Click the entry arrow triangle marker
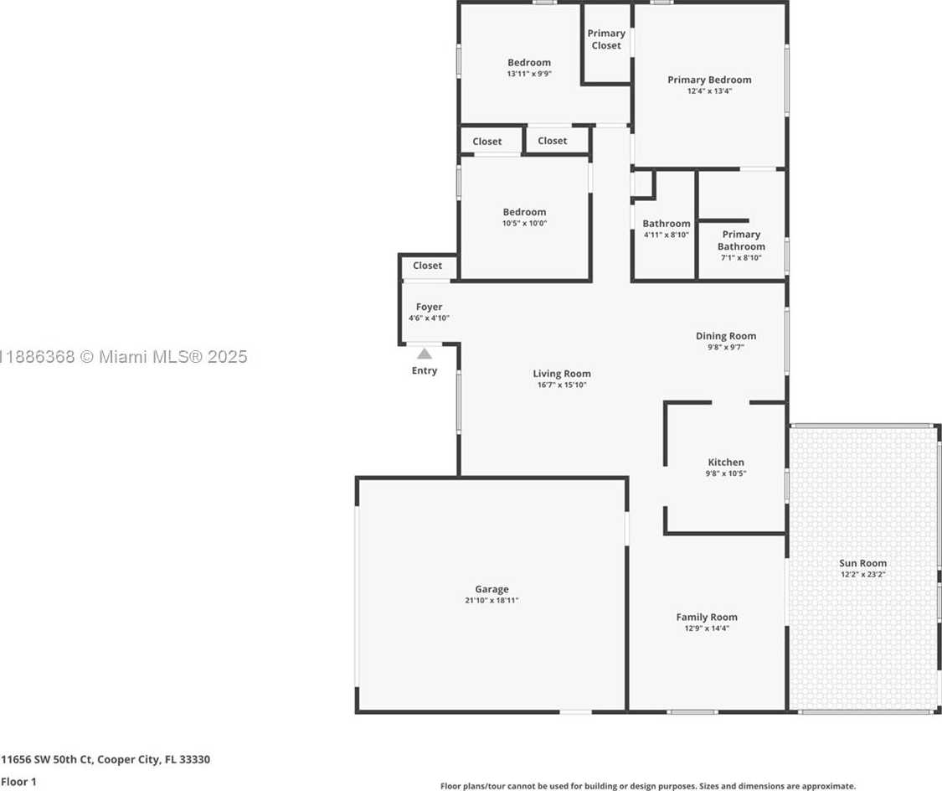(x=425, y=354)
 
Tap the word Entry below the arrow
(x=425, y=371)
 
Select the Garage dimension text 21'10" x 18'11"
(x=492, y=601)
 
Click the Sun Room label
(x=862, y=563)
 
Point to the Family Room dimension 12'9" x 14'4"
(x=707, y=628)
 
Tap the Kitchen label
(x=726, y=463)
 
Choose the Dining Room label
(x=726, y=336)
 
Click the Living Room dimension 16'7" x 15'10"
(x=562, y=385)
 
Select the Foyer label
(x=429, y=308)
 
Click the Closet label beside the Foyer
(x=427, y=266)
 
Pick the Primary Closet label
(x=606, y=39)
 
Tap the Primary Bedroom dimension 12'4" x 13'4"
(x=709, y=91)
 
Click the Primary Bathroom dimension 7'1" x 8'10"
(x=741, y=258)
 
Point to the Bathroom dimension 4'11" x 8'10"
(x=667, y=235)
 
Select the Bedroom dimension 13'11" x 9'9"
(x=529, y=74)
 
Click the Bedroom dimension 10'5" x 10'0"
(x=524, y=224)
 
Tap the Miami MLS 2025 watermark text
(x=124, y=357)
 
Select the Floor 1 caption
(x=18, y=782)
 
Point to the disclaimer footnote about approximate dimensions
(x=647, y=786)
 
